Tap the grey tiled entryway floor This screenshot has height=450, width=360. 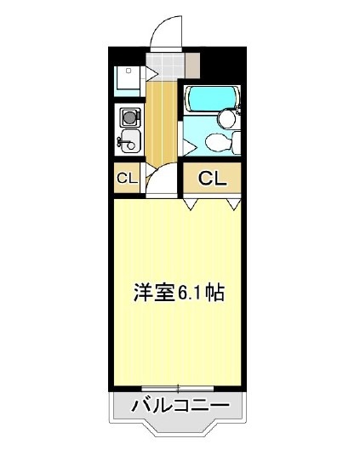click(x=163, y=66)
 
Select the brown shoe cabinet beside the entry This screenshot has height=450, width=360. click(x=191, y=65)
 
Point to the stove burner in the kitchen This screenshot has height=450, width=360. click(x=129, y=117)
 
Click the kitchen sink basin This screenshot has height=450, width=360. click(x=130, y=140)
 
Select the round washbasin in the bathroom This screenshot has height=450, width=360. click(x=227, y=118)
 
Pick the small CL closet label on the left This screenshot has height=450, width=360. click(x=127, y=179)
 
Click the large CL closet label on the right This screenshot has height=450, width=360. click(x=212, y=179)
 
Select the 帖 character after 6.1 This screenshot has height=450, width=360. click(x=214, y=293)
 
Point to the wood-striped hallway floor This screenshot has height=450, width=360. click(x=162, y=119)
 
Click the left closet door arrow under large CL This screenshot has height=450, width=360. click(x=192, y=204)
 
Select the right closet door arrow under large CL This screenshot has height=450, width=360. click(x=233, y=204)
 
